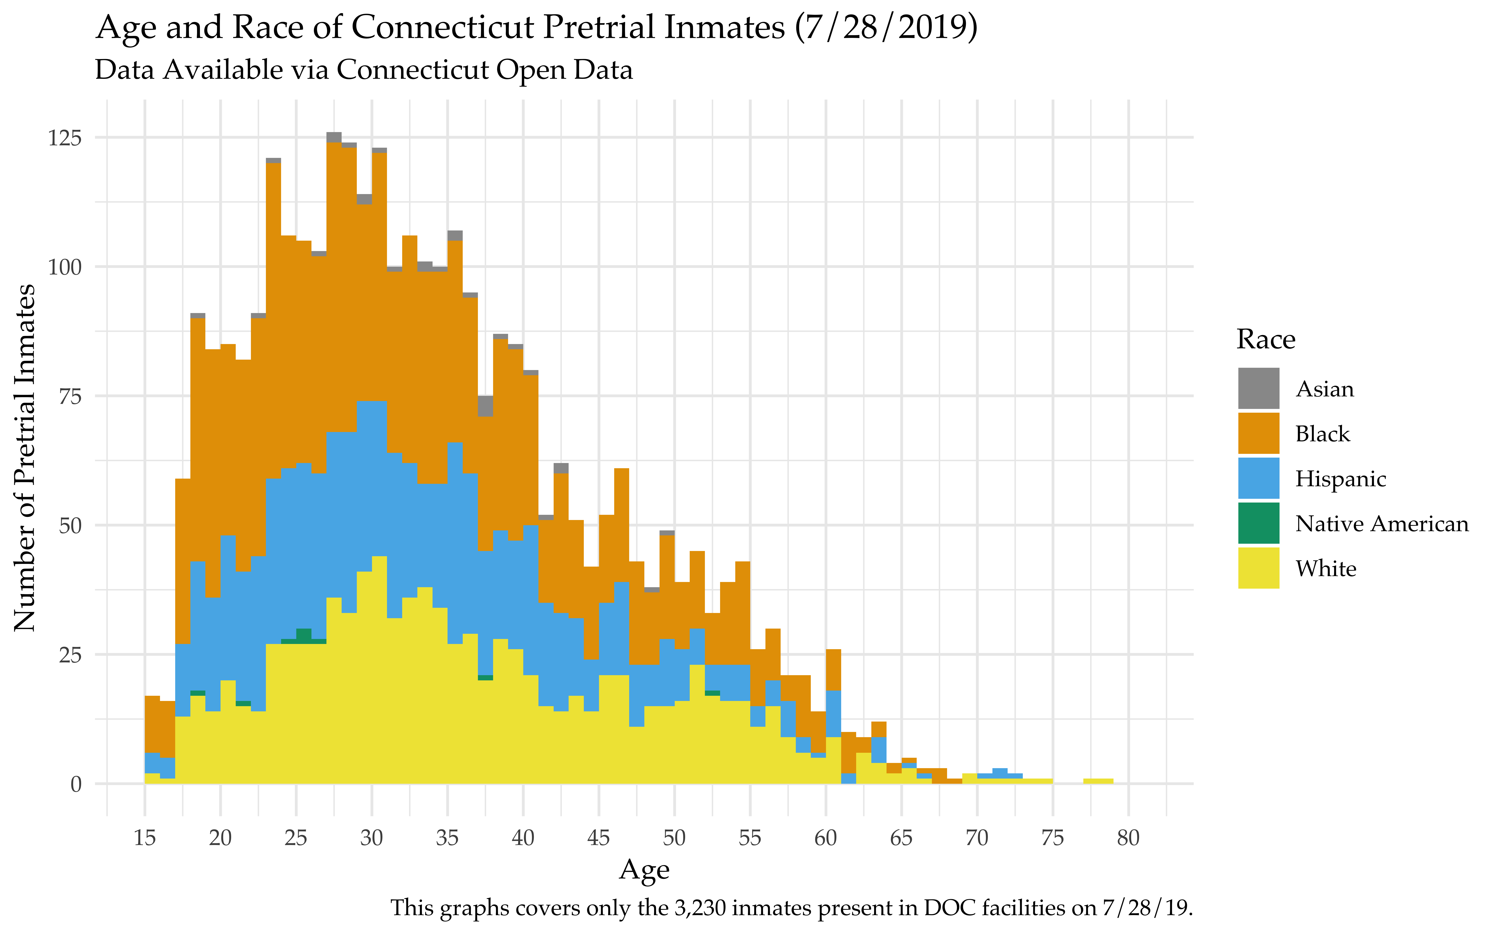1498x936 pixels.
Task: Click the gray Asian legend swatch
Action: coord(1259,388)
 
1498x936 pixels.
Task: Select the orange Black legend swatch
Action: coord(1259,433)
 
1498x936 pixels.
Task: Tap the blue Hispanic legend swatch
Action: coord(1259,478)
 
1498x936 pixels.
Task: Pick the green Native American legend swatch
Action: coord(1259,523)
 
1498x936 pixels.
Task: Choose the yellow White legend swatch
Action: coord(1259,568)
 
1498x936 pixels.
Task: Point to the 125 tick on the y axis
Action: coord(64,137)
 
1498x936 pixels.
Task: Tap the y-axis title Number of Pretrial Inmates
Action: coord(25,458)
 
